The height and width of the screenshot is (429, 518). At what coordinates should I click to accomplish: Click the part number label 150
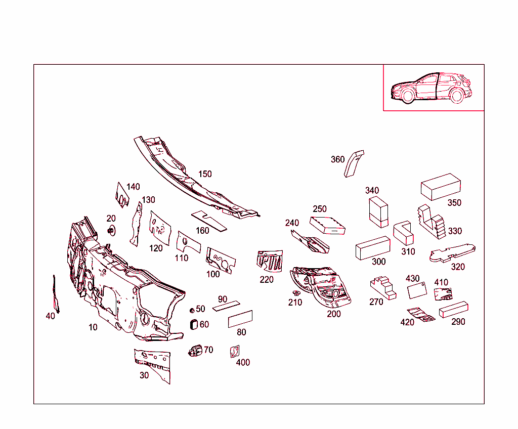[x=205, y=174]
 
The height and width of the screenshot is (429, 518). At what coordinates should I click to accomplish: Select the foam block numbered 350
[x=441, y=187]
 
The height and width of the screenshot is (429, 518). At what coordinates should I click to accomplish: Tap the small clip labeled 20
[x=111, y=230]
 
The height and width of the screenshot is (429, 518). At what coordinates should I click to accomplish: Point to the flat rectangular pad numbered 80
[x=240, y=319]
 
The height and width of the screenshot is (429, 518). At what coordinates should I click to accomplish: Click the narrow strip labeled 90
[x=226, y=306]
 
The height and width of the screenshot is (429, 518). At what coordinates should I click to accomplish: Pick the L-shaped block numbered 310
[x=403, y=233]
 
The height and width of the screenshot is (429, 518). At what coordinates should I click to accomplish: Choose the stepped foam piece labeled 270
[x=383, y=288]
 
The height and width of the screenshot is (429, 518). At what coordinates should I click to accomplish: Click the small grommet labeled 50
[x=192, y=310]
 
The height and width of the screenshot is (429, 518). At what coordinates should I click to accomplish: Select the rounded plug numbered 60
[x=194, y=324]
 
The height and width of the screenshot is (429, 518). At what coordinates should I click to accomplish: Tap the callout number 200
[x=334, y=314]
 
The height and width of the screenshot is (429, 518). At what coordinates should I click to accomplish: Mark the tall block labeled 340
[x=378, y=212]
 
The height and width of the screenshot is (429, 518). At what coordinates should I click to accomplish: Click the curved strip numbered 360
[x=354, y=163]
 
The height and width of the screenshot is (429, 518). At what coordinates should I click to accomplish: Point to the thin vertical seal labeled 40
[x=56, y=294]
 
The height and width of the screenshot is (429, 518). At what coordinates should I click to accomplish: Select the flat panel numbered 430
[x=417, y=290]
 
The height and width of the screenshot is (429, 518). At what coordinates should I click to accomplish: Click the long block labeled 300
[x=373, y=248]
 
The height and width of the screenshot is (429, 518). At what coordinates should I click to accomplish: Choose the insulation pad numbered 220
[x=270, y=261]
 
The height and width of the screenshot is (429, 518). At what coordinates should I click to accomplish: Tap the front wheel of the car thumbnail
[x=408, y=96]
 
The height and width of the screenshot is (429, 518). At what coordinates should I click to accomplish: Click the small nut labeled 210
[x=296, y=292]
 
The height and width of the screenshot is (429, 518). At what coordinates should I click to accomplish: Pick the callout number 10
[x=93, y=327]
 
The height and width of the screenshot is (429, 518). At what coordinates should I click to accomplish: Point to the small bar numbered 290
[x=453, y=310]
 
